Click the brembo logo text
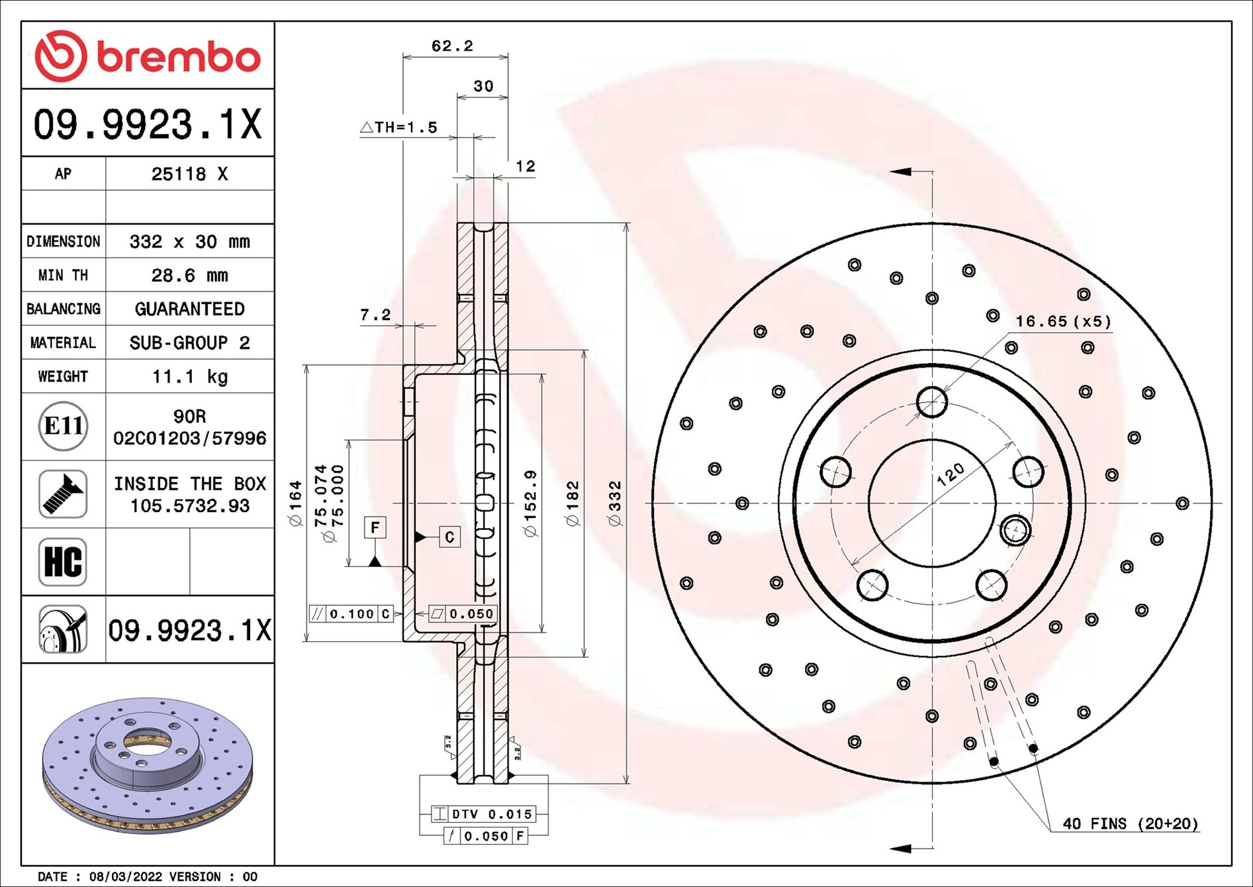click(x=179, y=57)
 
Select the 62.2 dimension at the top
click(x=452, y=46)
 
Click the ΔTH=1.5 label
click(x=399, y=127)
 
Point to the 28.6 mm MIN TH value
click(x=189, y=275)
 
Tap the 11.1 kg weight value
click(x=189, y=376)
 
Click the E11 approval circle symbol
click(x=63, y=426)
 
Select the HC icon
click(x=63, y=562)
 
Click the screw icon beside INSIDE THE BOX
click(x=63, y=494)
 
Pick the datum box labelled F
click(x=375, y=527)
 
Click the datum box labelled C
click(x=449, y=537)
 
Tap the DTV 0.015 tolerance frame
click(x=483, y=813)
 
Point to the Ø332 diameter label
click(x=615, y=503)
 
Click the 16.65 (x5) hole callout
click(x=1063, y=321)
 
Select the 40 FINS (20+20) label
click(x=1130, y=823)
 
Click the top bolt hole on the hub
click(x=932, y=401)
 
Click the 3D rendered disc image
click(x=147, y=765)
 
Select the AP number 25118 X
click(x=189, y=174)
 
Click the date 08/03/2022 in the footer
click(x=125, y=876)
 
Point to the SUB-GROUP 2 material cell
click(x=189, y=342)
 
